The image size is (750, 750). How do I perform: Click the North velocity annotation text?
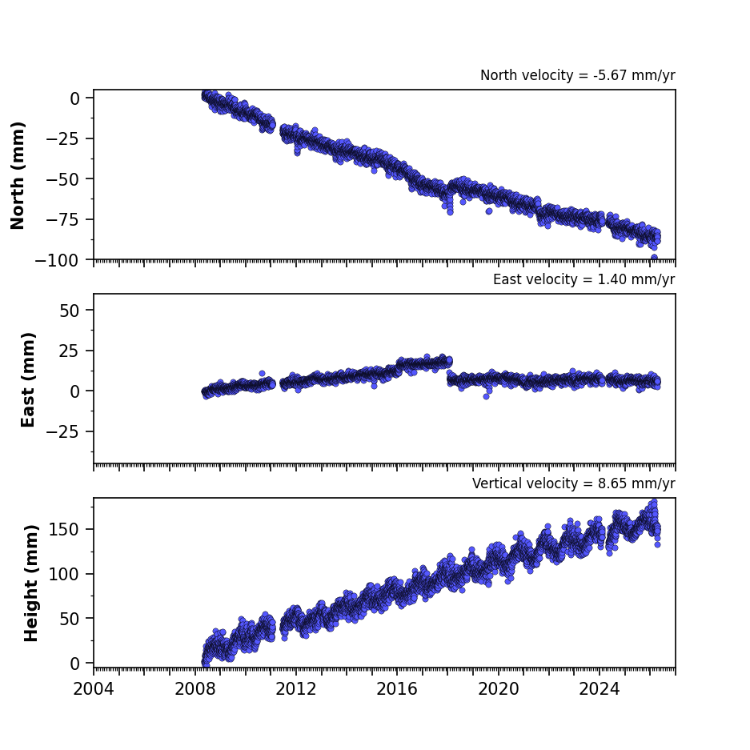point(578,75)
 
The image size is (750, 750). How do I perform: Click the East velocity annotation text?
point(584,279)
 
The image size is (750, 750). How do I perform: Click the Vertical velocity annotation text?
point(573,483)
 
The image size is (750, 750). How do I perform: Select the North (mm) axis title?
point(18,175)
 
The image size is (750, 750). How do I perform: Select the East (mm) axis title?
point(28,379)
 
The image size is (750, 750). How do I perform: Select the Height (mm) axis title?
point(31,583)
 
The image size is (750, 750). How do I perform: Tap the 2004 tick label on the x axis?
point(94,689)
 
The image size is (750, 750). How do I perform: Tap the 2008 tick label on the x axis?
point(195,689)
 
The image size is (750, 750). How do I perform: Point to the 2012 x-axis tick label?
point(296,689)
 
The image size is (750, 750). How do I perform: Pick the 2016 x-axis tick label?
point(397,689)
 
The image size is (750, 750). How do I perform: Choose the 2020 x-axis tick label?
point(499,689)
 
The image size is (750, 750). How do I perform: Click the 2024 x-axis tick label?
point(600,689)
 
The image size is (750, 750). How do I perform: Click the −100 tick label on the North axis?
point(57,261)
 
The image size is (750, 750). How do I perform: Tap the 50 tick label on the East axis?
point(70,311)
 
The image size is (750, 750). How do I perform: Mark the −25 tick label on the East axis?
point(62,432)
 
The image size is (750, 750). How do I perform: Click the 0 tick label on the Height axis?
point(74,664)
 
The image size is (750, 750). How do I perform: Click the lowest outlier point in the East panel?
point(486,396)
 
